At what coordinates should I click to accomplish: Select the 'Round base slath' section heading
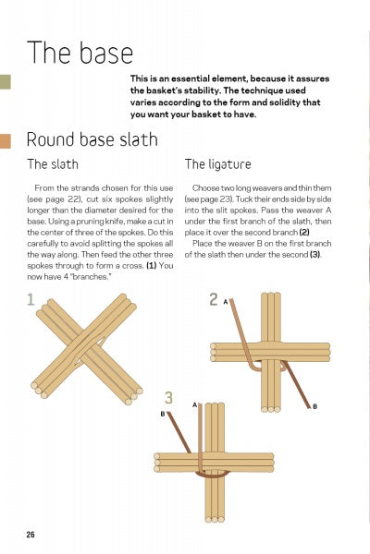coord(92,140)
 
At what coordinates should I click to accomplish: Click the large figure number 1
coord(31,299)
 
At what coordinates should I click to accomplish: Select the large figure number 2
coord(213,300)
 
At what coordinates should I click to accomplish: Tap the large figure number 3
coord(168,398)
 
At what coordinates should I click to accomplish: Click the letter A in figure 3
coord(194,404)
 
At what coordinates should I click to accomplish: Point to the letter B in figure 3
coord(164,415)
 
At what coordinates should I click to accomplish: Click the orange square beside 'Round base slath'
coord(6,141)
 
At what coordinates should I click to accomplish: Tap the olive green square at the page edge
coord(5,81)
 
